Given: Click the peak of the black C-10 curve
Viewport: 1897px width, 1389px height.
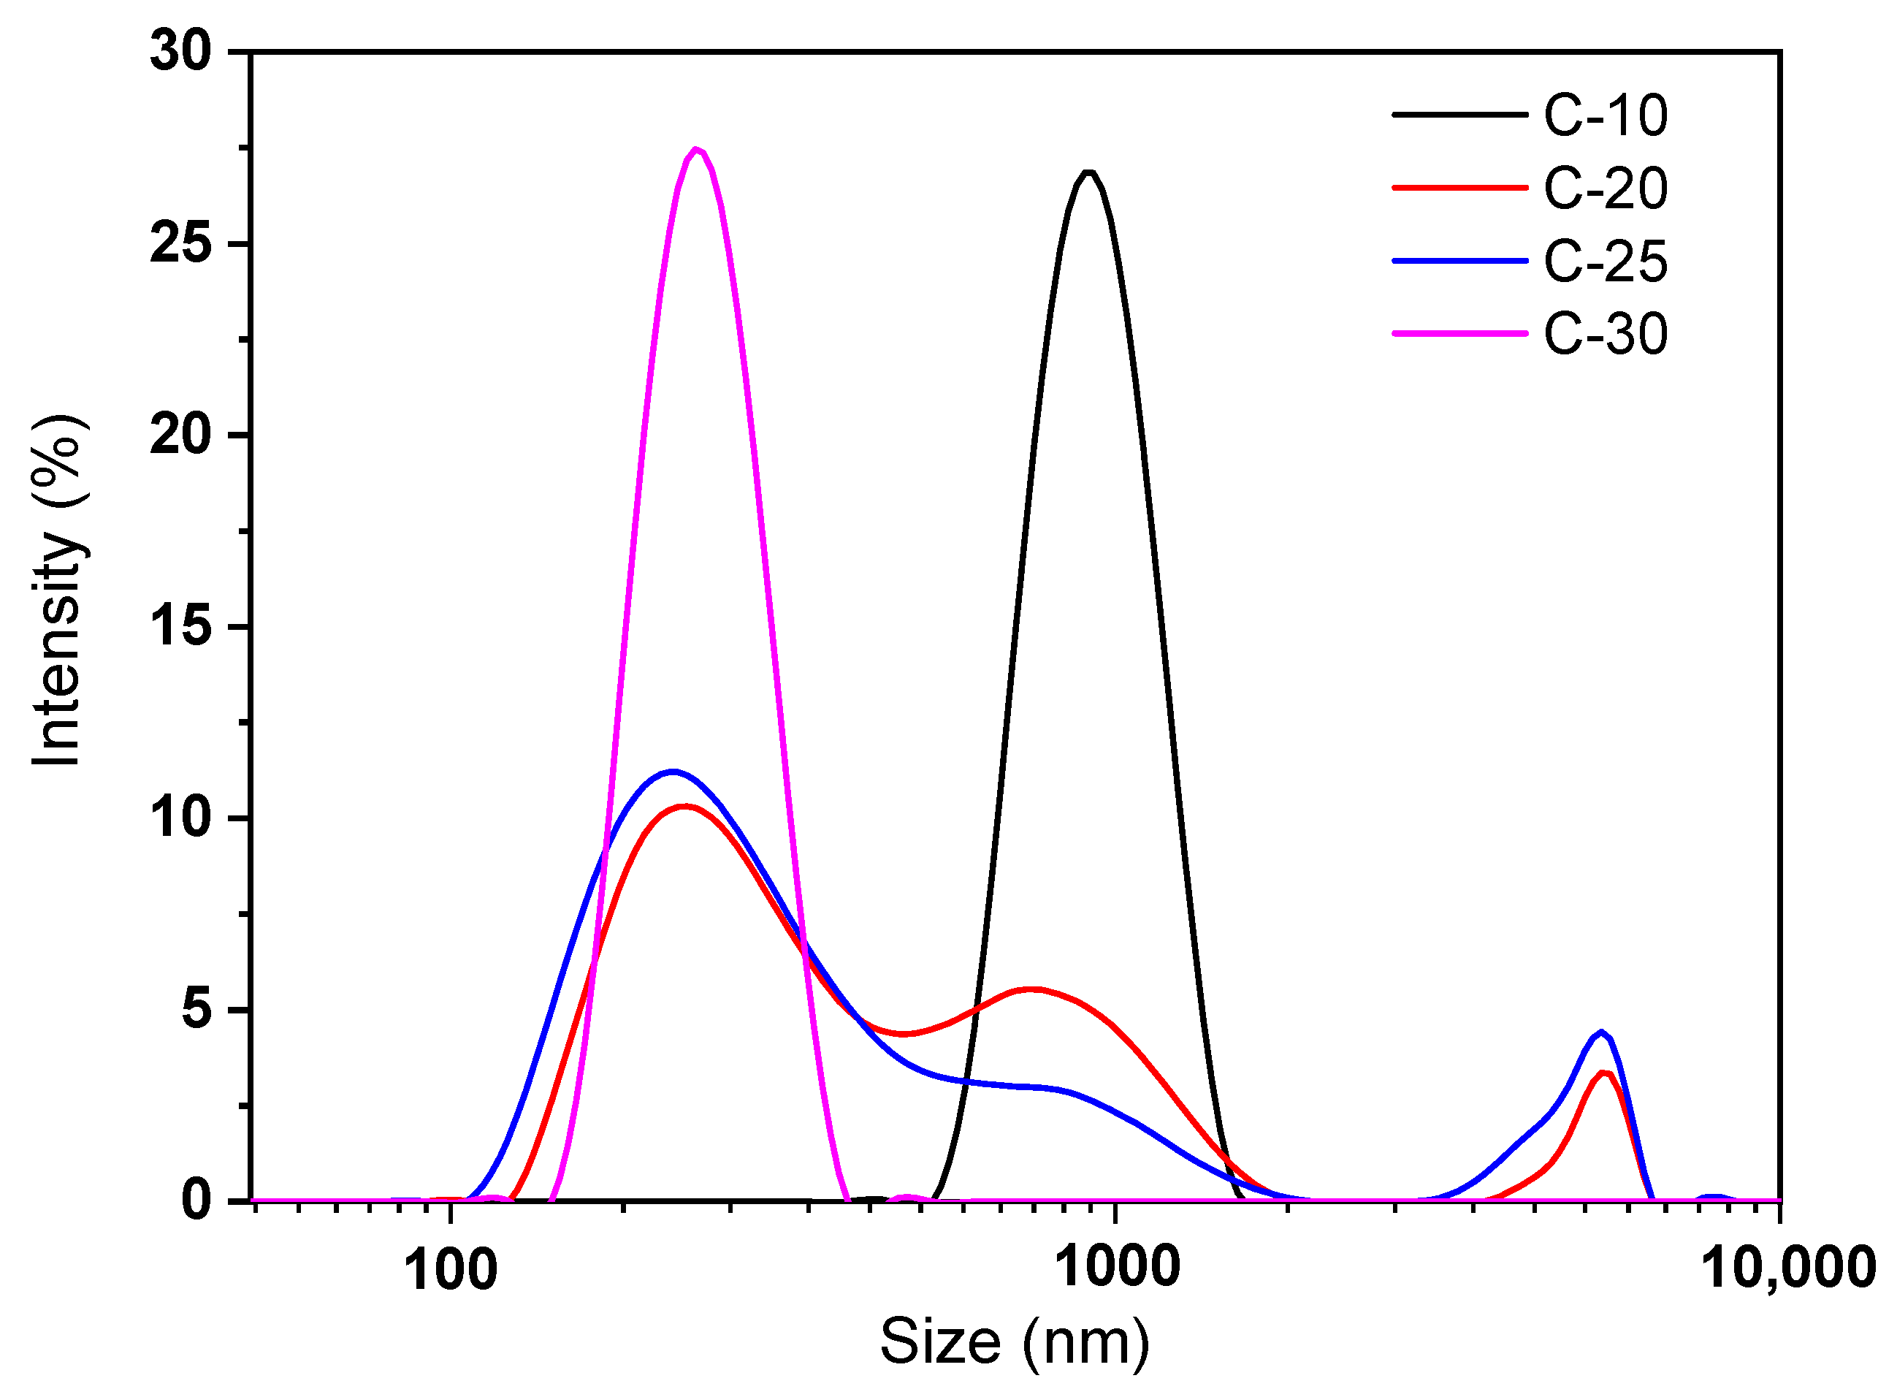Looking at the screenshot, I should [1088, 172].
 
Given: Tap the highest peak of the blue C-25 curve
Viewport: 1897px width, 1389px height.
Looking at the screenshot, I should [673, 771].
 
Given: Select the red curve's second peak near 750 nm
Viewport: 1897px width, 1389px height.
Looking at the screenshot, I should [1033, 989].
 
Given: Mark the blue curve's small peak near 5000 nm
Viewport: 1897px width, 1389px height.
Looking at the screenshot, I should [1601, 1032].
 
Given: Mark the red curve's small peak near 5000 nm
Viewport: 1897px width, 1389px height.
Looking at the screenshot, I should [1603, 1073].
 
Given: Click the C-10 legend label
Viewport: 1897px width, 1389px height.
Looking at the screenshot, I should [1605, 115].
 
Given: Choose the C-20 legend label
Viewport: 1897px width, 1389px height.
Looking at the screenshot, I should [1605, 189].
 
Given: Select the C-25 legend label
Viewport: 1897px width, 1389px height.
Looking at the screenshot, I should [1605, 262].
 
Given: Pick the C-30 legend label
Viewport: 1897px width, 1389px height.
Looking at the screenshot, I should [1605, 334].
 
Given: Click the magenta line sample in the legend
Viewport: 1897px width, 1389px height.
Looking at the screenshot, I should [1459, 334].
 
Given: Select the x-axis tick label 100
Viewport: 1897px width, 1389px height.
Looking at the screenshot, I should [451, 1270].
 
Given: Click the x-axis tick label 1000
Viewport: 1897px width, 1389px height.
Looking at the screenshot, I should [1116, 1267].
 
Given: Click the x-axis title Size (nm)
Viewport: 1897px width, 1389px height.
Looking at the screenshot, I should [1015, 1343].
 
